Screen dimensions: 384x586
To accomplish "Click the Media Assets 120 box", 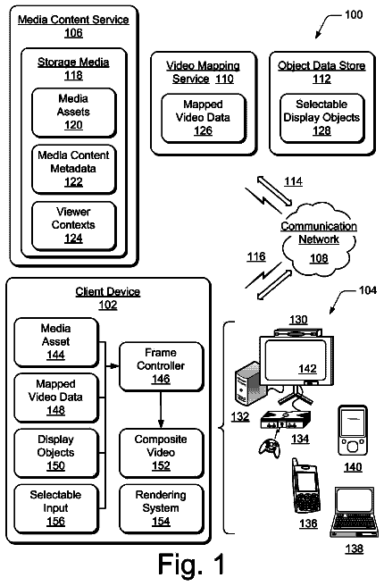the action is point(74,113).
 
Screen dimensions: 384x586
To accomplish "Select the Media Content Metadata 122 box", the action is point(74,170).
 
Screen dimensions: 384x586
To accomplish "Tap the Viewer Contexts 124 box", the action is point(74,226).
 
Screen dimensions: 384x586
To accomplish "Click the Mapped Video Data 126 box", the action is point(204,118).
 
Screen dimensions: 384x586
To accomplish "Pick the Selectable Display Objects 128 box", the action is point(322,118).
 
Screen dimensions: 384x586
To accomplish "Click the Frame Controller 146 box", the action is point(162,366).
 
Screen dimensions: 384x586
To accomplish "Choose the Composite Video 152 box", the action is point(162,453).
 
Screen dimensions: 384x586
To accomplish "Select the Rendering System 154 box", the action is point(162,508).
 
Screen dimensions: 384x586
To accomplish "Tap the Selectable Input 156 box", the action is point(56,508).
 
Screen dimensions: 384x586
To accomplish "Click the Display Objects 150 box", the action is point(56,453).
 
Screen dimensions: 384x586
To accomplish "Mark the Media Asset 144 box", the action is point(56,342).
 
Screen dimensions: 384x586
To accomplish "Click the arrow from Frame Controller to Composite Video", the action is point(161,410).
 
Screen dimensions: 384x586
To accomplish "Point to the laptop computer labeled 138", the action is point(352,513).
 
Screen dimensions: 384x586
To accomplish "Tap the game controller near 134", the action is point(270,448).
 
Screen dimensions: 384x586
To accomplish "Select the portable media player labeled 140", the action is point(353,431).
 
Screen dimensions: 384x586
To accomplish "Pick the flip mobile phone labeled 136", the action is point(306,486).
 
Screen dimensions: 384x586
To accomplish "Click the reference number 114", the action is point(293,181).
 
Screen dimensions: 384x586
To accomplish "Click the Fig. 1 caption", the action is point(192,564).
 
